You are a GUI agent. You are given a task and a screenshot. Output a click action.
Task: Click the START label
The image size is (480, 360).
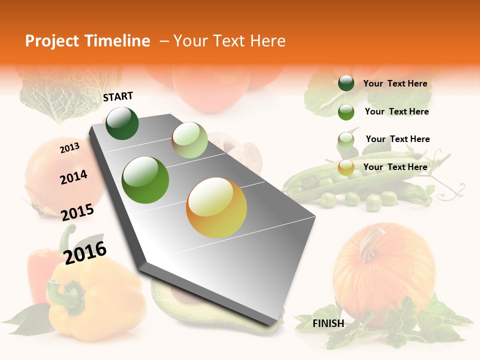pos(118,96)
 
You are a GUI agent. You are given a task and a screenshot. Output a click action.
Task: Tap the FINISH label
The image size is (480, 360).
pos(328,323)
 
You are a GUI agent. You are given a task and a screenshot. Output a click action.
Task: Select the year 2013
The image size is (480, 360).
pos(69,147)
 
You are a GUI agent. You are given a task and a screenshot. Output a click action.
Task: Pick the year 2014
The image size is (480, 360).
pos(73,177)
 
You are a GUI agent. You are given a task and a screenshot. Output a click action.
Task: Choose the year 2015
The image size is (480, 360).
pos(77,212)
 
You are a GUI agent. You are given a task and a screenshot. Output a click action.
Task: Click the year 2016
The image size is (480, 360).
pos(85,252)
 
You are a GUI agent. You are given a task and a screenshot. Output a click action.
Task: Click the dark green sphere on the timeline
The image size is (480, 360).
pos(122,123)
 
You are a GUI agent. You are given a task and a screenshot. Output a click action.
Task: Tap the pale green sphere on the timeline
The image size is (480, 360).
pos(189,140)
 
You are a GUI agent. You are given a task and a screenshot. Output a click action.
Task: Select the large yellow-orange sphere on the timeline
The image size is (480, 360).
pos(216,207)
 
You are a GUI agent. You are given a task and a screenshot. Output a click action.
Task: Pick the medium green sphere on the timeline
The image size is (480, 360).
pos(145,180)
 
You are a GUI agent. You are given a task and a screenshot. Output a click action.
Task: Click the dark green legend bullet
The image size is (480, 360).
pos(346,83)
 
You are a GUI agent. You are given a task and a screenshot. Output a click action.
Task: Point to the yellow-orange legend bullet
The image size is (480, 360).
pos(346,167)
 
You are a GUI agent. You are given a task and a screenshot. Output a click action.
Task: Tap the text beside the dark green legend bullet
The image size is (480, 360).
pos(395,83)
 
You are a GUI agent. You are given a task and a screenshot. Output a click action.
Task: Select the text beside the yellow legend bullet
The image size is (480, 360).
pos(395,167)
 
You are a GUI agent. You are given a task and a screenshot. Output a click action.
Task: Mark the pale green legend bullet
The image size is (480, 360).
pos(346,139)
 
